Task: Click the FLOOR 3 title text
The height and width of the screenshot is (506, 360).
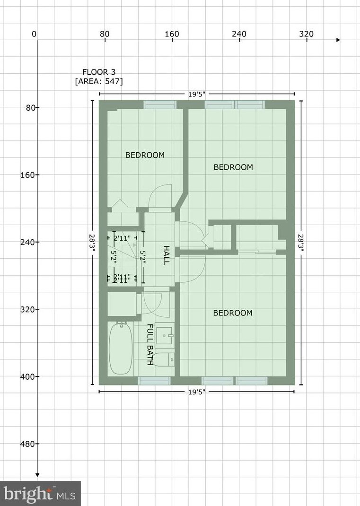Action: pyautogui.click(x=99, y=72)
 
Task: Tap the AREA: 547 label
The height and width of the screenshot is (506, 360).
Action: pyautogui.click(x=99, y=81)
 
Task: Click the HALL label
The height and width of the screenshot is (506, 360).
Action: pyautogui.click(x=166, y=255)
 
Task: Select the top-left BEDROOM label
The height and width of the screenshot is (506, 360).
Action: pyautogui.click(x=145, y=155)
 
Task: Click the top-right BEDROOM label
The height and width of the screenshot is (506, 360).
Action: pyautogui.click(x=233, y=167)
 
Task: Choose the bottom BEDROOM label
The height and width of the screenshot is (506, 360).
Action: pyautogui.click(x=232, y=313)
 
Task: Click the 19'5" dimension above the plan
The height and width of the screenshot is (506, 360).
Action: pyautogui.click(x=197, y=94)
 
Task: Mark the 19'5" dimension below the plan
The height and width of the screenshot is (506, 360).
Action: pyautogui.click(x=197, y=392)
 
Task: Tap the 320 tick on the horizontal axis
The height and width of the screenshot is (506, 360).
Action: pyautogui.click(x=307, y=34)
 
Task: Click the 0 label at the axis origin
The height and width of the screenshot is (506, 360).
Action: pyautogui.click(x=34, y=34)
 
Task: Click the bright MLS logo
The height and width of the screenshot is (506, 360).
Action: pyautogui.click(x=40, y=494)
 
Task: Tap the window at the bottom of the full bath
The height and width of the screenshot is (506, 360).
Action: pyautogui.click(x=154, y=381)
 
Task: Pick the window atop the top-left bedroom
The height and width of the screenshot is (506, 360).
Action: pyautogui.click(x=160, y=105)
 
